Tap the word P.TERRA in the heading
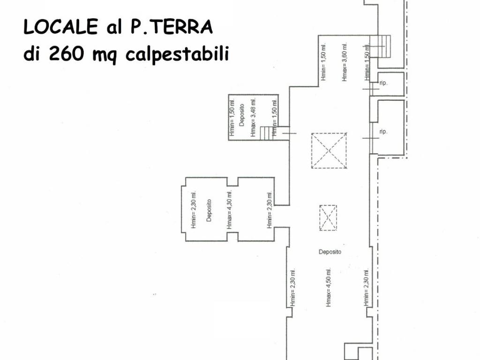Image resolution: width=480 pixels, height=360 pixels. (x=168, y=28)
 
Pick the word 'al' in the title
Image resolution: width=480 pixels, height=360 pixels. (x=109, y=28)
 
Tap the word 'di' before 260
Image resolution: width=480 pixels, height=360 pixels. (x=32, y=54)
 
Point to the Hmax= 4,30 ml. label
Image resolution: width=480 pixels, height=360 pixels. (x=230, y=209)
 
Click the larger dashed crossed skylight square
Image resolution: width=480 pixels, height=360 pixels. (x=329, y=150)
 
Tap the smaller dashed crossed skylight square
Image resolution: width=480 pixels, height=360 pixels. (x=328, y=217)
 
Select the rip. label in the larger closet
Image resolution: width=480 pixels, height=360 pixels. (x=383, y=132)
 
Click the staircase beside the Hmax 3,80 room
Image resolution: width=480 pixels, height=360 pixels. (x=380, y=46)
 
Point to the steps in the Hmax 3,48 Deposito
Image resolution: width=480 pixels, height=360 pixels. (x=267, y=133)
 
